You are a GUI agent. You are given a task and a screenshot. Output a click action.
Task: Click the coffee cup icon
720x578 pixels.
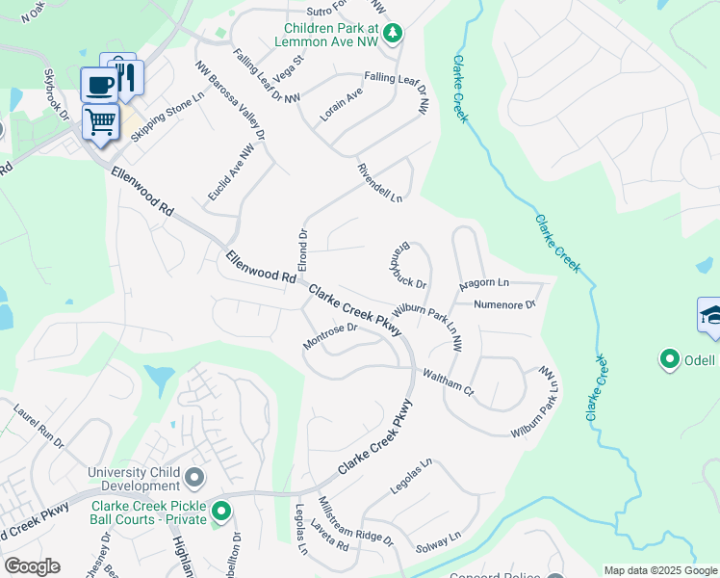[98, 85]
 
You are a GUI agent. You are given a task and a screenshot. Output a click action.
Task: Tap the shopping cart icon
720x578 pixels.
[100, 121]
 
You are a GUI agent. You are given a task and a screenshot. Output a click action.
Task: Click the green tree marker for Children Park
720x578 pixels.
[393, 35]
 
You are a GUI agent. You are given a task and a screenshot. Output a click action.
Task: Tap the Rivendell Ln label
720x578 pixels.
[379, 181]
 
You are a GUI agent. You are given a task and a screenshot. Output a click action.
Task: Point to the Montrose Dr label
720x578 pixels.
[330, 336]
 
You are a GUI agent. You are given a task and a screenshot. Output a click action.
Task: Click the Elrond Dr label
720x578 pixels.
[302, 249]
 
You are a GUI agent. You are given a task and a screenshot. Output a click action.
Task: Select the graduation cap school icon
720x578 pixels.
[710, 315]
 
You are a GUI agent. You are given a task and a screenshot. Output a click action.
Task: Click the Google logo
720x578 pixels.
[32, 566]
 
